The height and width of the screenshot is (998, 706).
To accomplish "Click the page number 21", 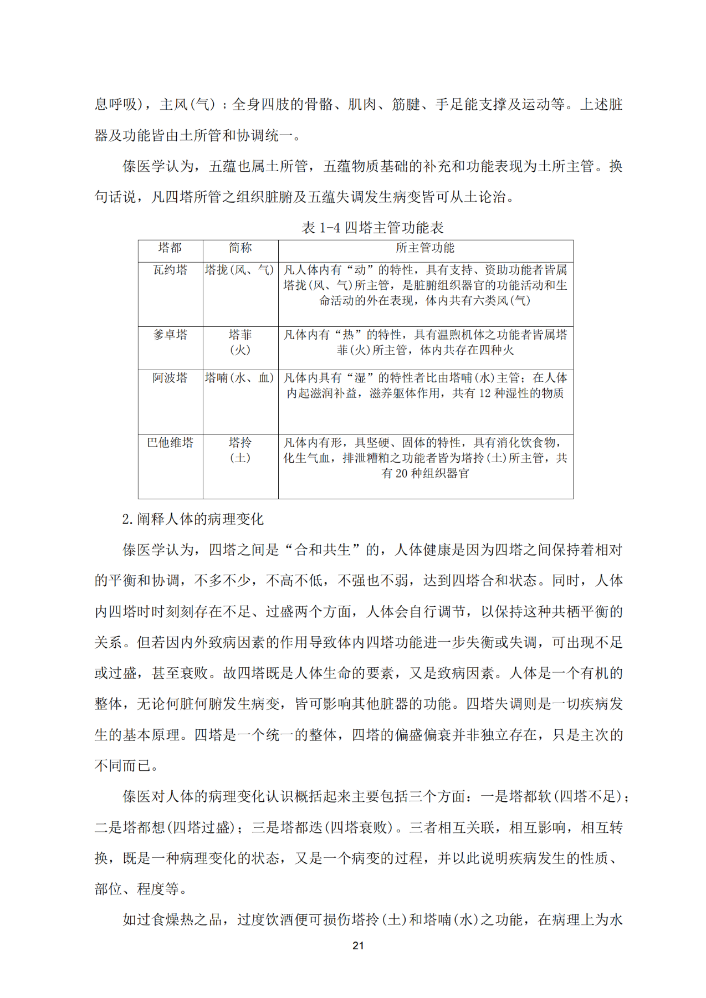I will [x=358, y=945].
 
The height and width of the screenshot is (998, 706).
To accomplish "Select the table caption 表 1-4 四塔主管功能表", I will [x=372, y=227].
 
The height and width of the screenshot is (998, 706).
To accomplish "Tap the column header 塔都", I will [x=170, y=248].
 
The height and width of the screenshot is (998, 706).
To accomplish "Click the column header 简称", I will [x=240, y=248].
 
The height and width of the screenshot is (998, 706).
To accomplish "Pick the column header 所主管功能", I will [x=425, y=248].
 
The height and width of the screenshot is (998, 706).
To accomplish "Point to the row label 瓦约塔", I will [x=170, y=270].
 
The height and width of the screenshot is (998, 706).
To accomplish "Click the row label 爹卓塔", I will [x=170, y=335].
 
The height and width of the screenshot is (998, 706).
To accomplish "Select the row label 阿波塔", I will [x=170, y=378].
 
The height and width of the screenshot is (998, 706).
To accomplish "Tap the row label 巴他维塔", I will [x=170, y=443].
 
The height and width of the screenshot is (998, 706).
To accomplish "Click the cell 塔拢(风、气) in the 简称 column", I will [x=240, y=270].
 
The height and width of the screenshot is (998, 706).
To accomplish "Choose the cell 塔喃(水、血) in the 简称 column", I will [x=240, y=378].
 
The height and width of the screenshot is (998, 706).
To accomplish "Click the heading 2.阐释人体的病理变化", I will [x=193, y=519].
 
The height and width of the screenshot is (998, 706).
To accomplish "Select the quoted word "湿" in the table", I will [x=360, y=378].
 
